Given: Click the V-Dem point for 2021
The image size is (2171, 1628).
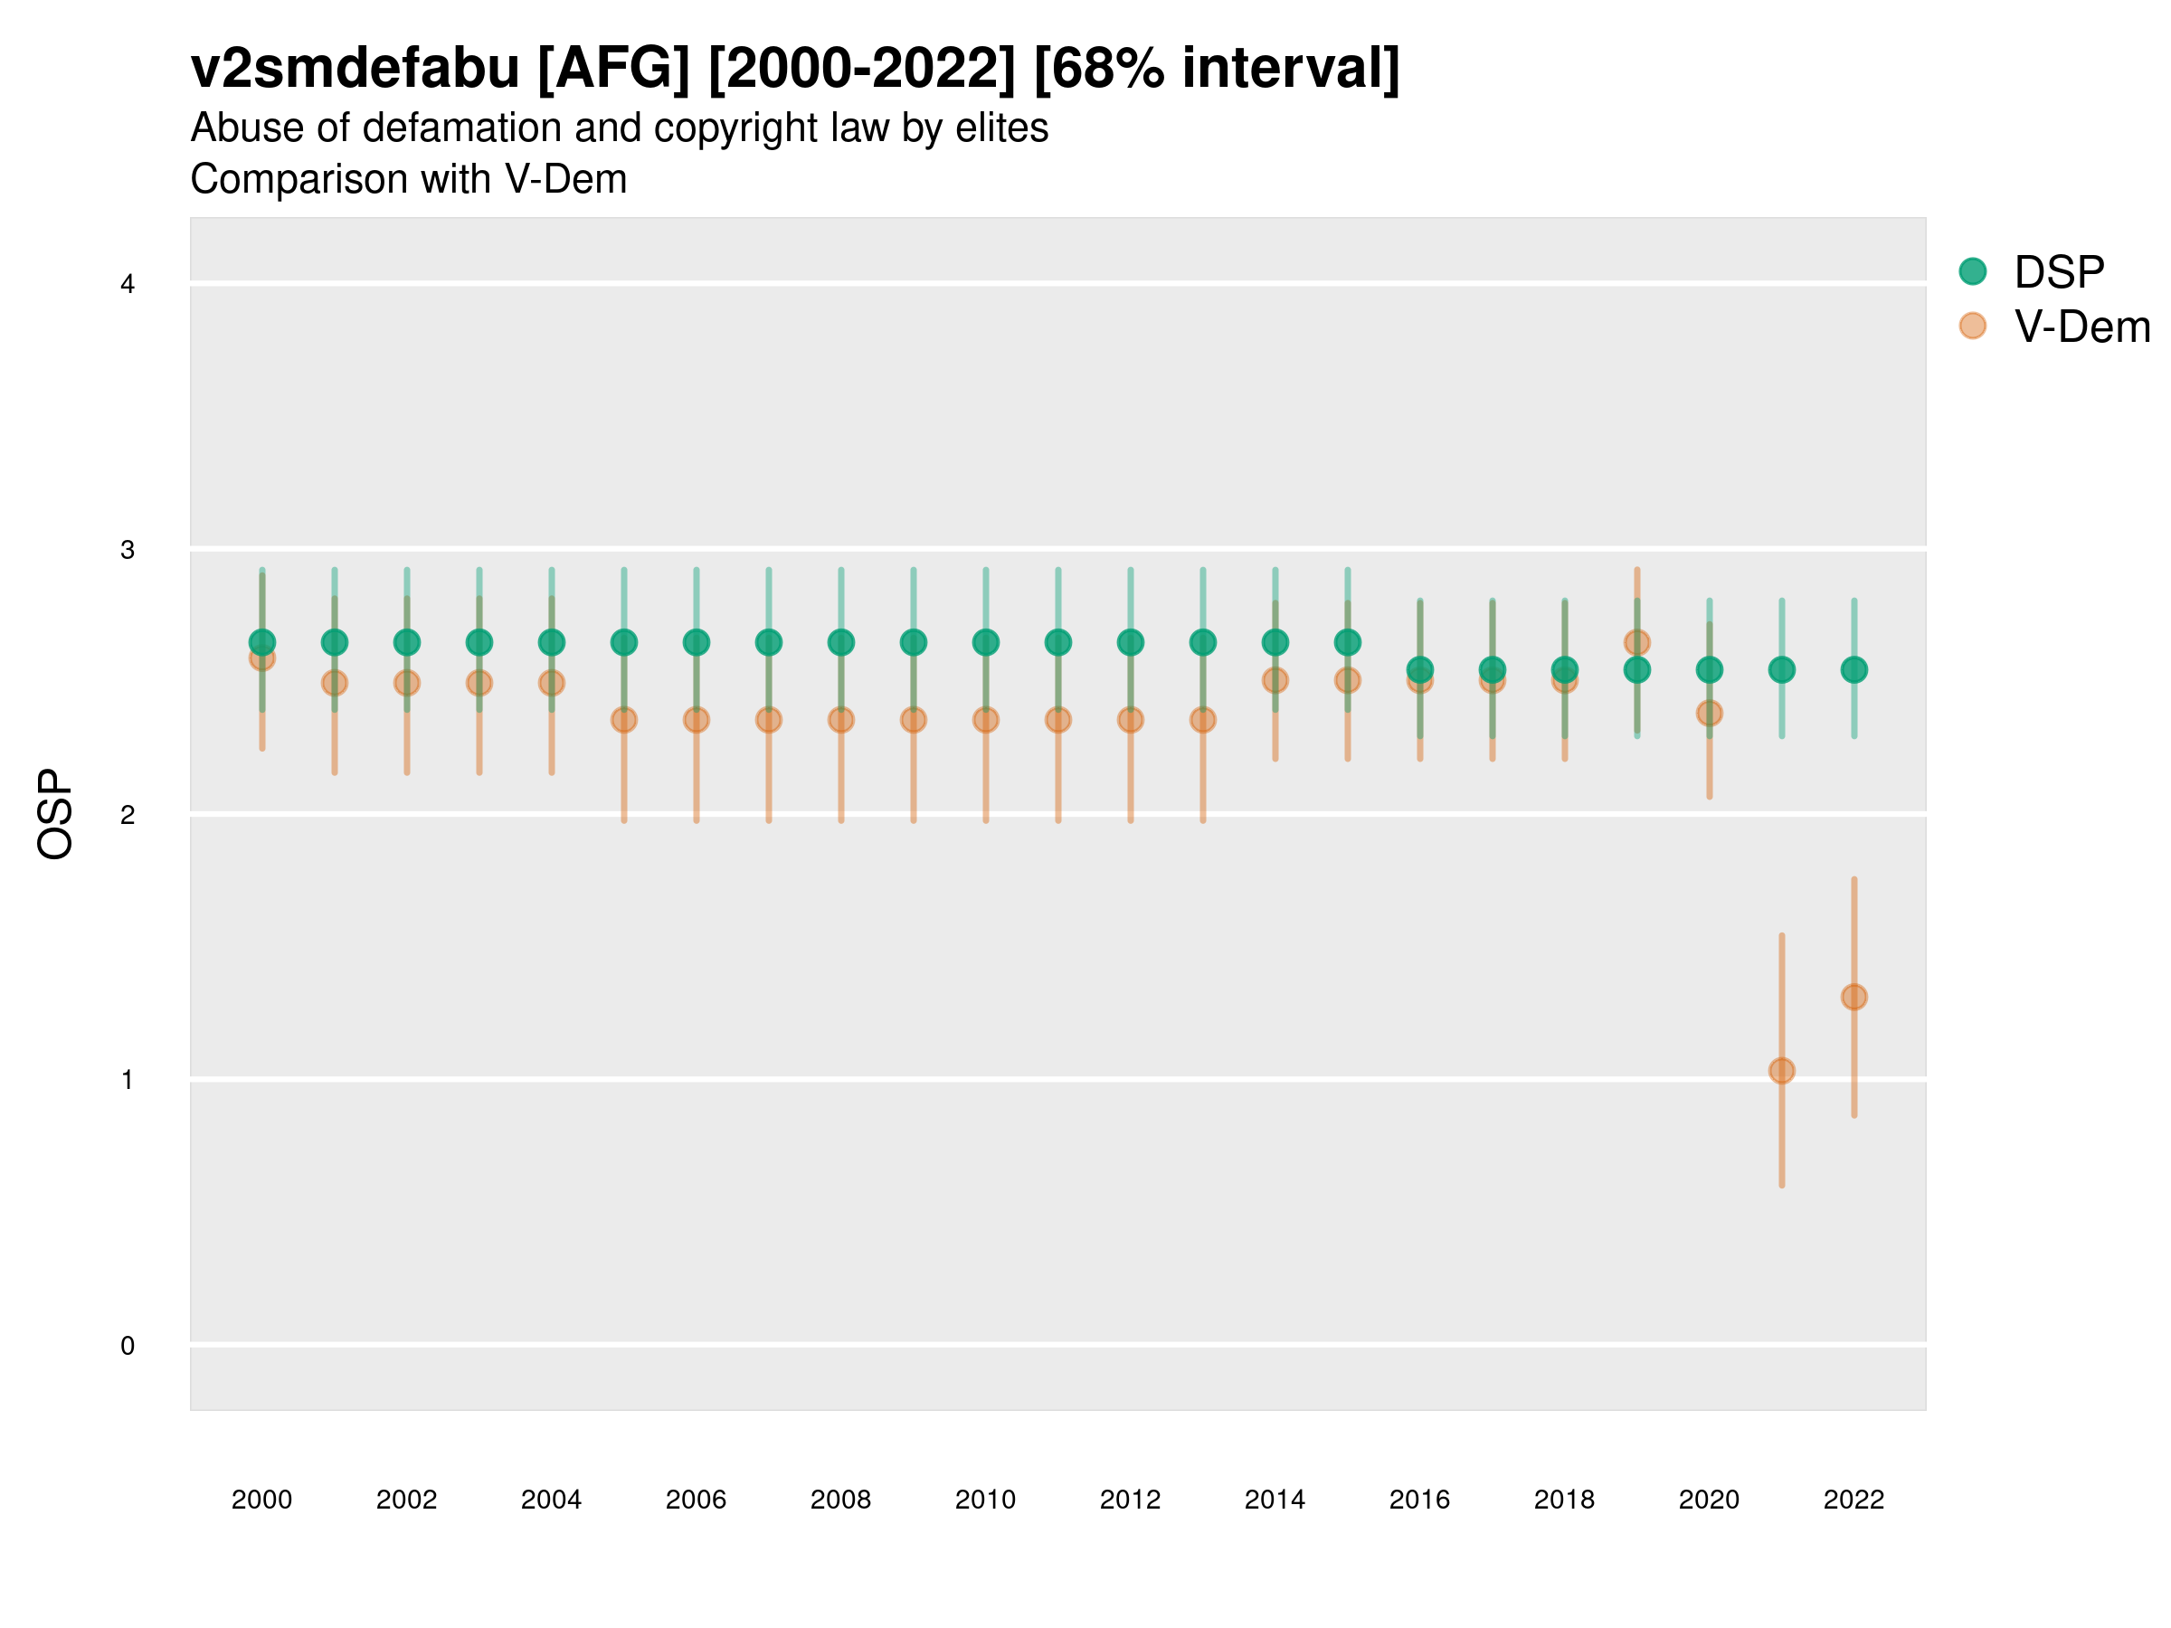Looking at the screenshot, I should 1781,1071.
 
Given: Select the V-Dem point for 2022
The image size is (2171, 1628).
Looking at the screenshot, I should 1854,997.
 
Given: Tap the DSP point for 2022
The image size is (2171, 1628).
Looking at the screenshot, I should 1854,670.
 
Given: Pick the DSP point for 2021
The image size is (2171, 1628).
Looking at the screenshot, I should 1781,670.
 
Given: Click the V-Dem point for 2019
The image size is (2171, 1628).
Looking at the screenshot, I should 1637,643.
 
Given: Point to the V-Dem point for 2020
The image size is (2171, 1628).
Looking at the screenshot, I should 1709,714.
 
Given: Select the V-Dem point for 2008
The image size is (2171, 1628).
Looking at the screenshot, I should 841,720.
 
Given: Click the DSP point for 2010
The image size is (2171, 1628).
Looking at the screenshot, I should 985,643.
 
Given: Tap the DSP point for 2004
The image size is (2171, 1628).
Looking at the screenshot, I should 552,643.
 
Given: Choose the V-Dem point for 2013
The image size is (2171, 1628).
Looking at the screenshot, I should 1202,720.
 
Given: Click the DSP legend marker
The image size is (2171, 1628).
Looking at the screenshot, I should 1973,272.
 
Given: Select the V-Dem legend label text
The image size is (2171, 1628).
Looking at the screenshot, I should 2081,327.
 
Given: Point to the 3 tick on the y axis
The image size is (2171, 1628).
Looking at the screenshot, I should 128,550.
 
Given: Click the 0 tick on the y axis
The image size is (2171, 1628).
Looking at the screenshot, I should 128,1346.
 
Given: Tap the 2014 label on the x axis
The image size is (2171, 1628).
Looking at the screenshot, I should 1275,1500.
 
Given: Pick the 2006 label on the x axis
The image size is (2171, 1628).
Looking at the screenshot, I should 696,1500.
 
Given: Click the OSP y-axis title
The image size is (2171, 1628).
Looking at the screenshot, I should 55,815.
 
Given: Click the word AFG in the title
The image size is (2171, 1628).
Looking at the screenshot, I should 614,69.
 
